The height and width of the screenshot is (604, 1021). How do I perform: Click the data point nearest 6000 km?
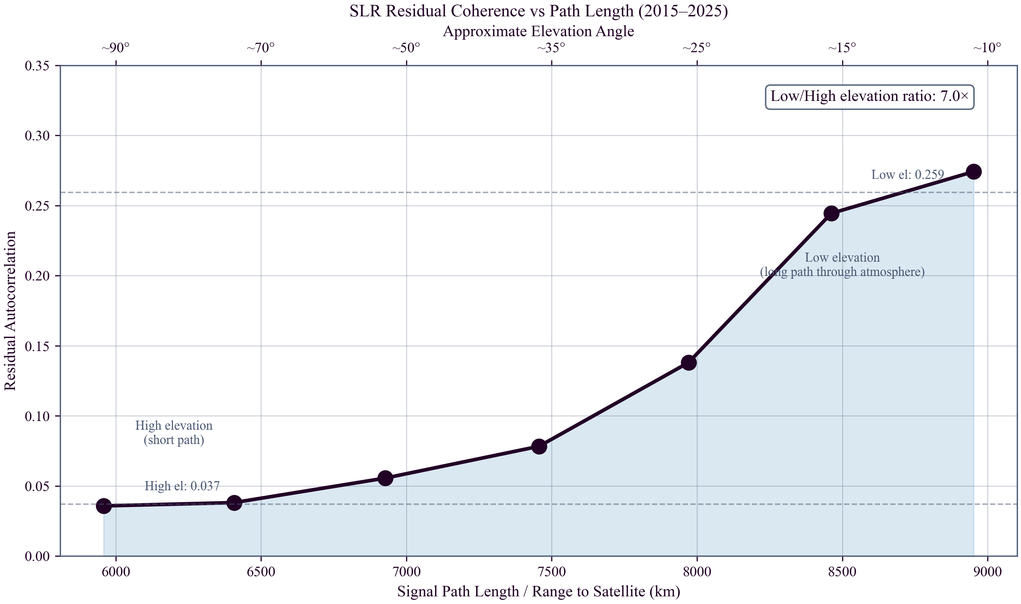pyautogui.click(x=104, y=506)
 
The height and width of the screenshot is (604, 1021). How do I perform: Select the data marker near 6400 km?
pyautogui.click(x=234, y=503)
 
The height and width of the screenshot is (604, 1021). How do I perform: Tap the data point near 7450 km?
pyautogui.click(x=539, y=446)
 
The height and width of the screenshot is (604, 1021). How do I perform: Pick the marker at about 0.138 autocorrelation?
pyautogui.click(x=689, y=362)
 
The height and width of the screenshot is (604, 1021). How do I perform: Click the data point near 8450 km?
pyautogui.click(x=831, y=213)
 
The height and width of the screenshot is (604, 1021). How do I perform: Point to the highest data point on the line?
pyautogui.click(x=974, y=172)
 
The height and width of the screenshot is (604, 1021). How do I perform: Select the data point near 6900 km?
pyautogui.click(x=385, y=478)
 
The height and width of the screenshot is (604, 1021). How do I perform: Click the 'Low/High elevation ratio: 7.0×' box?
pyautogui.click(x=870, y=97)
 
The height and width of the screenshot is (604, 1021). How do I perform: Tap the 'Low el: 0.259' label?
pyautogui.click(x=908, y=175)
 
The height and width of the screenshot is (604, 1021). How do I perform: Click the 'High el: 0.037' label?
pyautogui.click(x=182, y=486)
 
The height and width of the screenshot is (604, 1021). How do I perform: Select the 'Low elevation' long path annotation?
pyautogui.click(x=842, y=264)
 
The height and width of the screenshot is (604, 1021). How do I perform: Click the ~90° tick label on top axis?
pyautogui.click(x=116, y=48)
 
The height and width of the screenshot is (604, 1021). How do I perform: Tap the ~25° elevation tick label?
pyautogui.click(x=697, y=48)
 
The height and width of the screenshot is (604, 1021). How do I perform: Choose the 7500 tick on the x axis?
pyautogui.click(x=552, y=571)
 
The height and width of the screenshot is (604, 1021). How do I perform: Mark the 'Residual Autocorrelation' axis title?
pyautogui.click(x=10, y=311)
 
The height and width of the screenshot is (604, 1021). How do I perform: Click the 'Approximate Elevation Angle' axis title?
pyautogui.click(x=538, y=31)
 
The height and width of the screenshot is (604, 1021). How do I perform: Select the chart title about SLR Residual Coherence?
pyautogui.click(x=538, y=11)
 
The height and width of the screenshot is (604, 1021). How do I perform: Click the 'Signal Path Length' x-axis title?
pyautogui.click(x=538, y=591)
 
